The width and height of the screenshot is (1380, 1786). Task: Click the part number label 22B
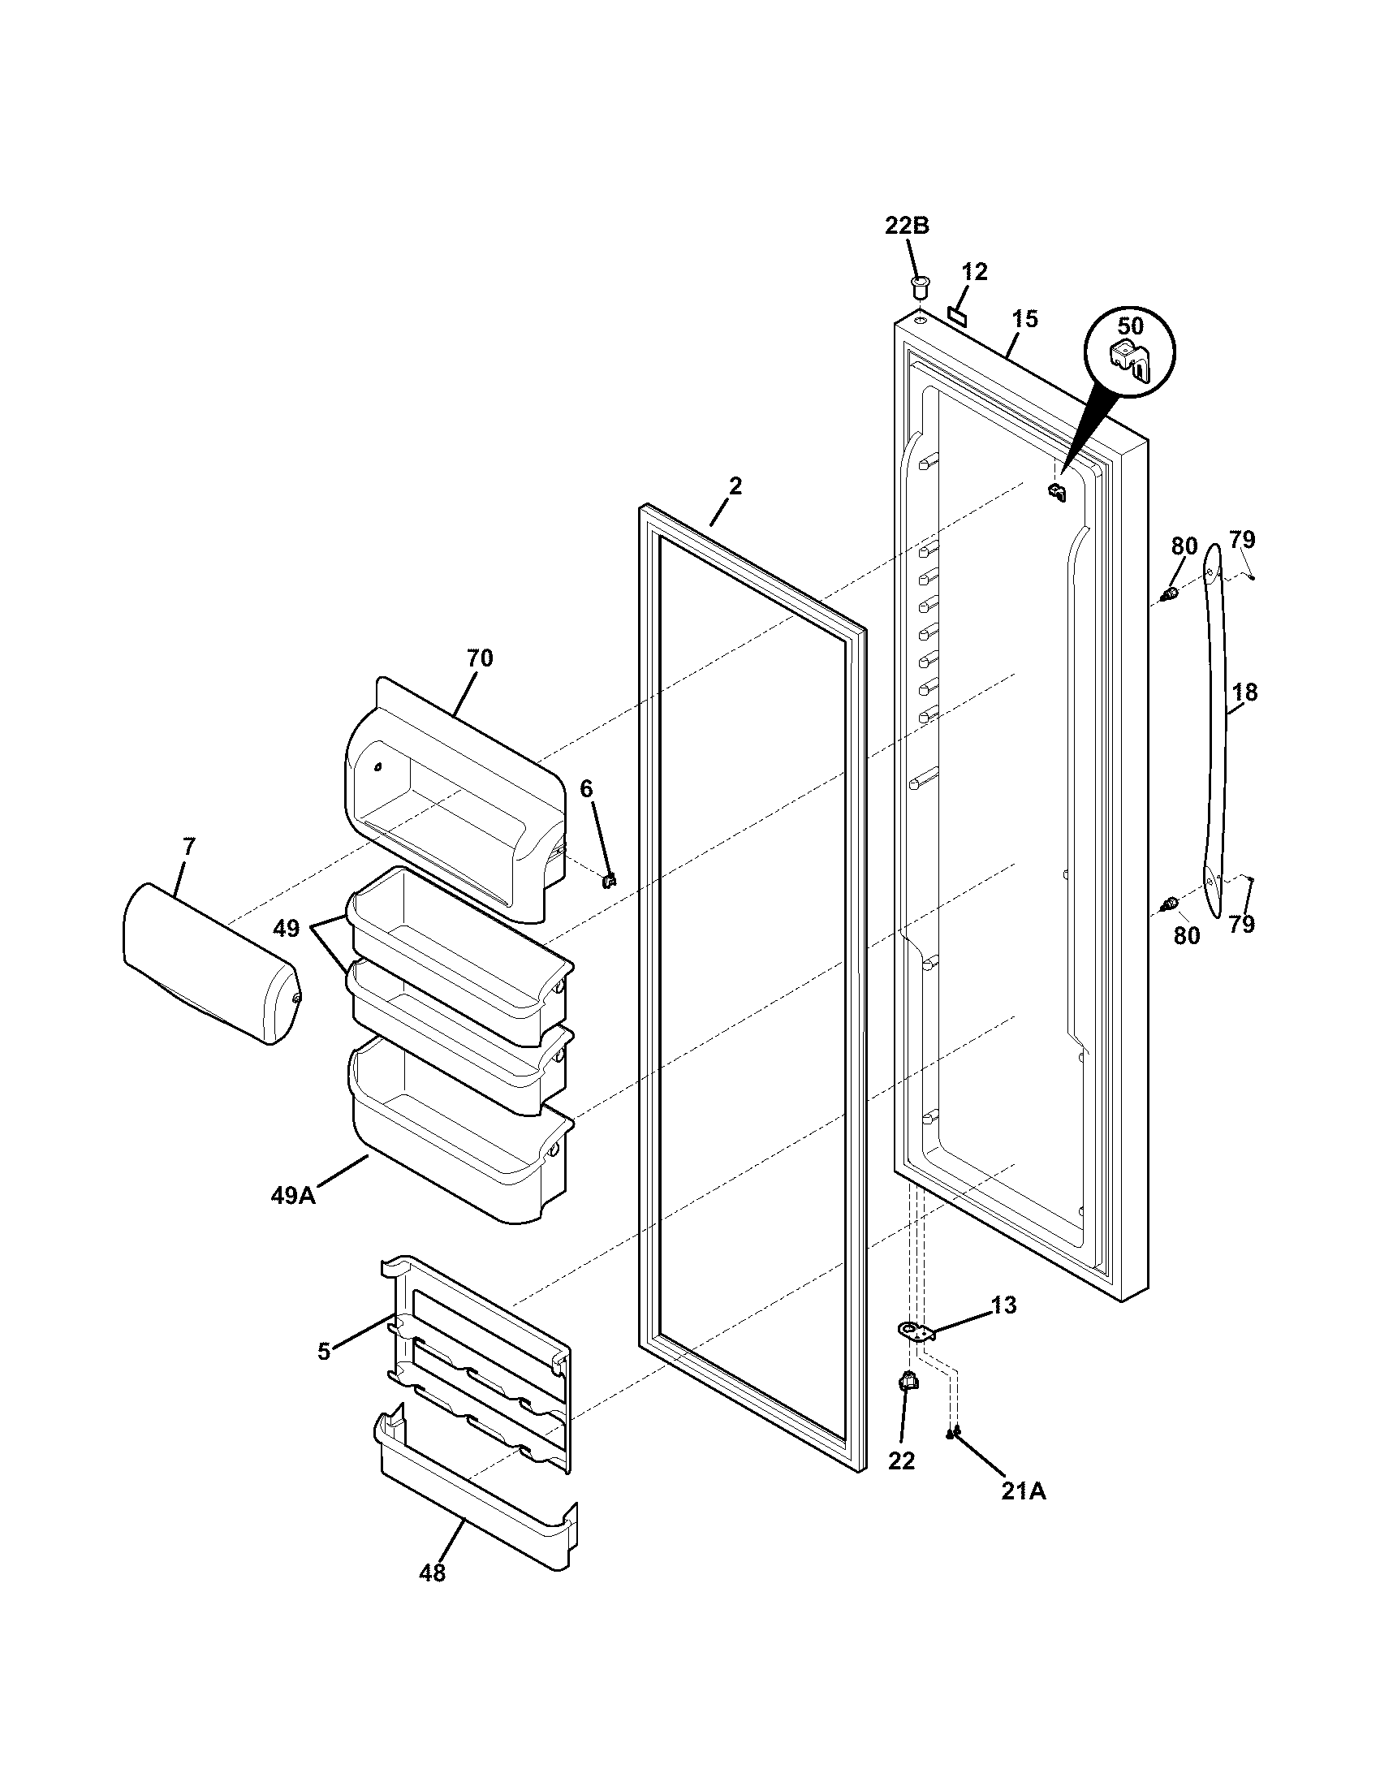click(x=907, y=226)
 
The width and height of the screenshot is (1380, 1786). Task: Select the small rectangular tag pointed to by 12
click(x=958, y=314)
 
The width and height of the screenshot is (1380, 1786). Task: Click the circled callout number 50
click(x=1130, y=326)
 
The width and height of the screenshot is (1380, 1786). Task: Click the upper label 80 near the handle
click(x=1184, y=546)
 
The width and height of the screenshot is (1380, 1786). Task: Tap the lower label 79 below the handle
click(x=1241, y=925)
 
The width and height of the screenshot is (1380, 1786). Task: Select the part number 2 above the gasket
click(x=735, y=486)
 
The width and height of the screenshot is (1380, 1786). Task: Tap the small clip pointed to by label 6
click(x=609, y=880)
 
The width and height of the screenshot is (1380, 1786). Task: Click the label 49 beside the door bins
click(x=286, y=929)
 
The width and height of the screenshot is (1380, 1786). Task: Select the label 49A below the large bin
click(x=293, y=1196)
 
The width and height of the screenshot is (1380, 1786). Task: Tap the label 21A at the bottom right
click(x=1024, y=1491)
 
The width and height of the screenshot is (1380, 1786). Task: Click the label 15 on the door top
click(x=1024, y=320)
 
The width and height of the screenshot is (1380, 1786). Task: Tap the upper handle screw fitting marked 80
click(x=1171, y=593)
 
